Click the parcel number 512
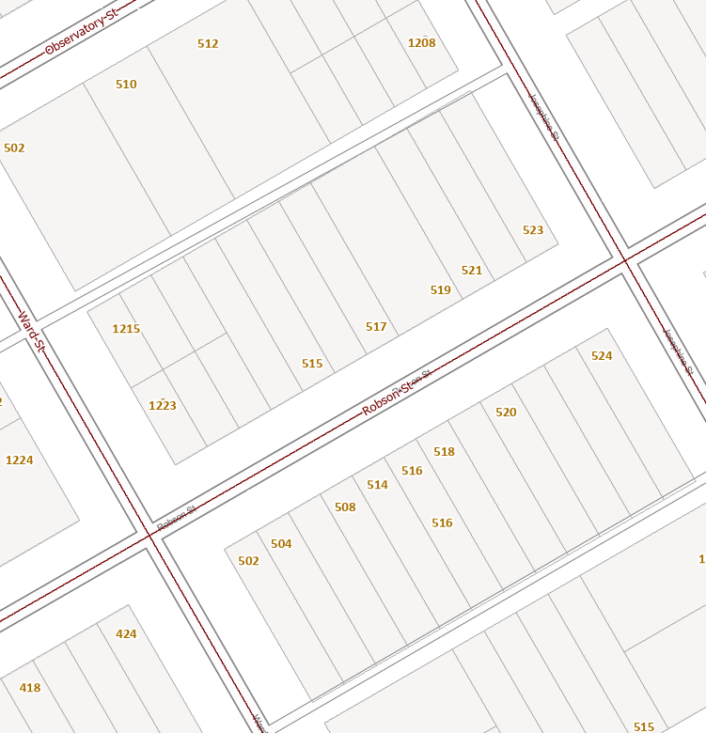(x=208, y=44)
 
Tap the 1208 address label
(x=422, y=42)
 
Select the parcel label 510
(x=126, y=85)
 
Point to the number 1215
(x=126, y=329)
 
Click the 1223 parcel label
(x=163, y=406)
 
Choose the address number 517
(x=376, y=327)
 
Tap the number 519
(x=441, y=290)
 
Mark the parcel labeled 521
(x=472, y=271)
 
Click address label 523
(x=533, y=230)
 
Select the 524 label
(x=602, y=356)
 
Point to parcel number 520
(x=506, y=413)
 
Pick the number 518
(x=444, y=452)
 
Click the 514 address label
(x=377, y=485)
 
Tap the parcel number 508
(x=345, y=507)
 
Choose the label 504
(x=281, y=544)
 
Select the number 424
(x=126, y=634)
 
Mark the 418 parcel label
(x=30, y=688)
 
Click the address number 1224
(x=19, y=460)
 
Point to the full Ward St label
(x=31, y=332)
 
